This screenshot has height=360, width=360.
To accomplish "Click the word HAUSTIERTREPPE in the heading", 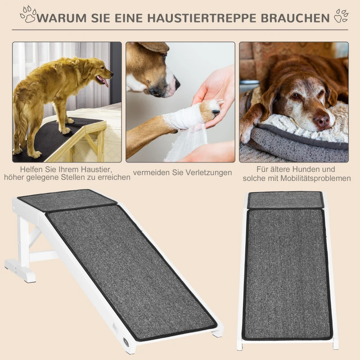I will click(x=207, y=18).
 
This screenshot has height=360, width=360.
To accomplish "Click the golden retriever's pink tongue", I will click(x=104, y=82).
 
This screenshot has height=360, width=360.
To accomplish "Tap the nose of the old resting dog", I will click(x=321, y=120).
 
